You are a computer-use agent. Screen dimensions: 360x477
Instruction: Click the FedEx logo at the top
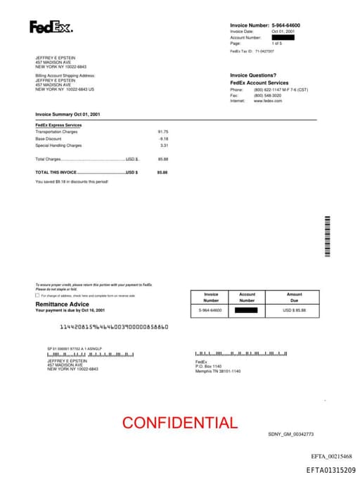click(x=51, y=27)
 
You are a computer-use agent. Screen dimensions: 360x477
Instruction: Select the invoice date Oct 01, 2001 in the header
click(x=283, y=32)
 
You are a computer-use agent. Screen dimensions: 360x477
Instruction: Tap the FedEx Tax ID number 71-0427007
click(x=265, y=51)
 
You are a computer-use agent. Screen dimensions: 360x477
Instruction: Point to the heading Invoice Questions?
click(x=254, y=75)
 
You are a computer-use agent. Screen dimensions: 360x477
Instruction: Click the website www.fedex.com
click(x=268, y=101)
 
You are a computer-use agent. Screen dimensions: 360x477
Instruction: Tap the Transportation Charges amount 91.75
click(x=163, y=132)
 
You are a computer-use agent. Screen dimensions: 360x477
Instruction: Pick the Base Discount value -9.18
click(x=163, y=139)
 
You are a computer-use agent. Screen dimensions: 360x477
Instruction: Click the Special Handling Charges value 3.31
click(x=164, y=146)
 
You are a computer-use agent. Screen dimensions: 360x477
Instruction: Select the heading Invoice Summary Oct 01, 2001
click(x=68, y=113)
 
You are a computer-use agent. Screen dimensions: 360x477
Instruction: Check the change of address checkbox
click(x=37, y=295)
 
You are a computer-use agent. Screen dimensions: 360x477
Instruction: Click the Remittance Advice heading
click(x=62, y=304)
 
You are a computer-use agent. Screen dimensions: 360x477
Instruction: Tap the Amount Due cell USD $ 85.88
click(x=295, y=310)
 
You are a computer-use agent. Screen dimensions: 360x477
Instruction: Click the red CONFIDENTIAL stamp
click(x=180, y=423)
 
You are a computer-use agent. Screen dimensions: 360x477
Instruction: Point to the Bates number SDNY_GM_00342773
click(x=290, y=435)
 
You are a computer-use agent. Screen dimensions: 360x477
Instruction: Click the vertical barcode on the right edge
click(x=327, y=236)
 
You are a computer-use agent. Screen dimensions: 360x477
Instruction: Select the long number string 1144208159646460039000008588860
click(x=114, y=327)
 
